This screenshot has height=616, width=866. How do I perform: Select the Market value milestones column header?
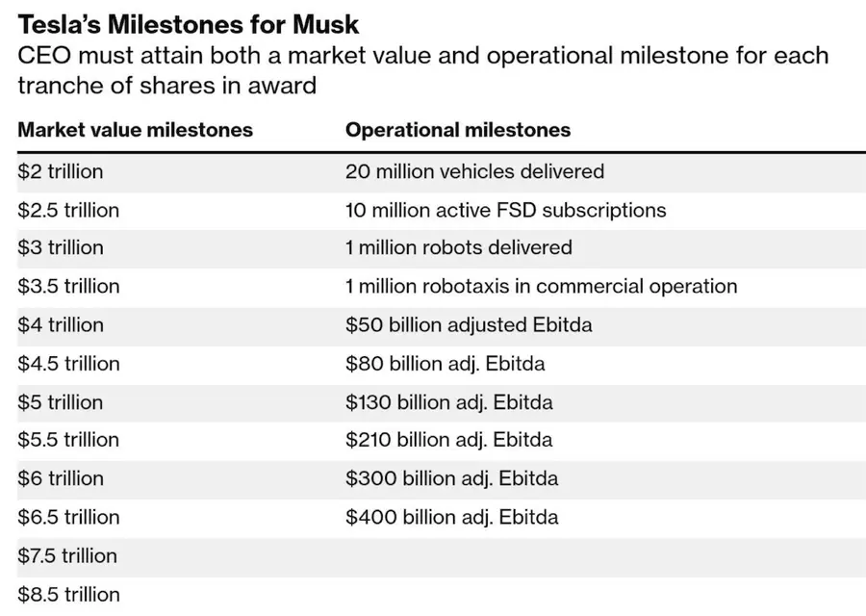(135, 130)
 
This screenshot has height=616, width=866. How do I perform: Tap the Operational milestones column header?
(458, 130)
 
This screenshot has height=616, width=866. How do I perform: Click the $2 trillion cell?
(60, 171)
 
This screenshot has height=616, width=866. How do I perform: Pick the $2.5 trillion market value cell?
(68, 210)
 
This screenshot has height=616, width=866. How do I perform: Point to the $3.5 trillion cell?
(68, 286)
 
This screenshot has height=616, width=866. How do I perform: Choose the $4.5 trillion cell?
(68, 363)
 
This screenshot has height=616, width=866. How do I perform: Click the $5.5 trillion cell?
(68, 440)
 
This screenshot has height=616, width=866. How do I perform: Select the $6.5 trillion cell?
(68, 517)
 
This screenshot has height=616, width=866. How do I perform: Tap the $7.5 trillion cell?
(67, 555)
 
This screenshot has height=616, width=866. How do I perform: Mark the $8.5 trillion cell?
(68, 594)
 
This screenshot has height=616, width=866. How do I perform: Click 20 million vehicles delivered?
(474, 171)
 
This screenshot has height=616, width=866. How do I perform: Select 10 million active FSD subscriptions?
(505, 210)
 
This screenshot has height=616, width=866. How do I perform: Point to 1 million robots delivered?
(458, 247)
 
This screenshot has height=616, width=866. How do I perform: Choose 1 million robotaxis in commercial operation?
(541, 286)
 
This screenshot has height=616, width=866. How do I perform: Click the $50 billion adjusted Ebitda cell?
(469, 324)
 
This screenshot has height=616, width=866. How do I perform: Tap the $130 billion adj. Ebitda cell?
(449, 401)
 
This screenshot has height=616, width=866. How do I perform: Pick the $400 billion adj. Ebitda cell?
(451, 517)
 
